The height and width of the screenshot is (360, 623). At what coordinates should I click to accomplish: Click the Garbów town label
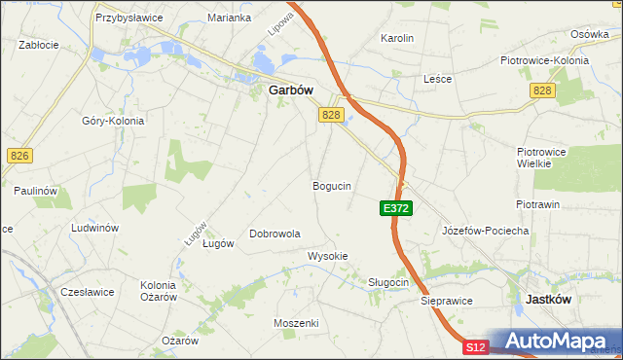(290, 90)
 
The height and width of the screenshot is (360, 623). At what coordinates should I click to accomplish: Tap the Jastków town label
(547, 300)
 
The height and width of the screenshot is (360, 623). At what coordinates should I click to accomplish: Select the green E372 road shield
(396, 208)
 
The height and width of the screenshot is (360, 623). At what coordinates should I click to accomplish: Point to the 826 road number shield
(19, 156)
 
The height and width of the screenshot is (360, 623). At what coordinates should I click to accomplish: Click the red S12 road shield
(475, 347)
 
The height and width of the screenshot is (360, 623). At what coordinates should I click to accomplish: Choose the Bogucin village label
(332, 185)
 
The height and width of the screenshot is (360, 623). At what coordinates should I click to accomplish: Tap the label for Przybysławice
(128, 18)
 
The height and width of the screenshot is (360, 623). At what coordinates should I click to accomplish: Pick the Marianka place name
(229, 18)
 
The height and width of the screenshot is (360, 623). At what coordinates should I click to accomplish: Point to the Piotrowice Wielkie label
(534, 157)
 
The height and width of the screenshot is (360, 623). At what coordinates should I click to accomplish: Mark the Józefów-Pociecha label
(485, 231)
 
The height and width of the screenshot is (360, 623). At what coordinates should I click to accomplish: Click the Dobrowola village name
(275, 234)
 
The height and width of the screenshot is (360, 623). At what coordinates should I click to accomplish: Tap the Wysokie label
(328, 256)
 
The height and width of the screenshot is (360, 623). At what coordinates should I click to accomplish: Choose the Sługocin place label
(388, 281)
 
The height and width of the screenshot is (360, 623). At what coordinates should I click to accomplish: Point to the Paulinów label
(31, 191)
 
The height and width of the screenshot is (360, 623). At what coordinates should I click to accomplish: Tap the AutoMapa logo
(559, 342)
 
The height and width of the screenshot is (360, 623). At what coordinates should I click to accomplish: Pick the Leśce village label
(437, 79)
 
